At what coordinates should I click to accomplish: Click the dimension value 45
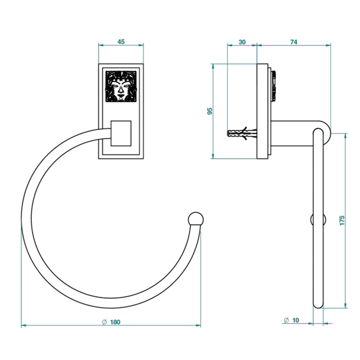(x=121, y=42)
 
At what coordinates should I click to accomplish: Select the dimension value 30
(x=242, y=42)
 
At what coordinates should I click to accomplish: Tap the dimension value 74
(x=294, y=42)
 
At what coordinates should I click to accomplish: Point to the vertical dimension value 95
(x=210, y=111)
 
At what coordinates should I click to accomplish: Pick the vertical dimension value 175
(x=342, y=221)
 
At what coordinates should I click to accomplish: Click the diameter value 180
(x=115, y=322)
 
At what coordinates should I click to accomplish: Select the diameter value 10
(x=296, y=320)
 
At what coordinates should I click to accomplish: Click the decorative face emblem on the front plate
(x=121, y=86)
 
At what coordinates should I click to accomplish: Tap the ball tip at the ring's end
(x=195, y=219)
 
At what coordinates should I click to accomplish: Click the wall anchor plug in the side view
(x=242, y=133)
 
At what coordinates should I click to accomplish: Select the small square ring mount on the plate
(x=121, y=133)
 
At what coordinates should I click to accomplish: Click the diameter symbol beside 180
(x=104, y=322)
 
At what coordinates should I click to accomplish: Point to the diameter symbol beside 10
(x=286, y=320)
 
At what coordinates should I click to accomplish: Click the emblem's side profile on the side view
(x=274, y=86)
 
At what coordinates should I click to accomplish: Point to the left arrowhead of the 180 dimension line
(x=24, y=326)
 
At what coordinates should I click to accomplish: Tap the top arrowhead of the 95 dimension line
(x=213, y=66)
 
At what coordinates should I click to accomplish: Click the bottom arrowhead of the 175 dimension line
(x=346, y=305)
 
